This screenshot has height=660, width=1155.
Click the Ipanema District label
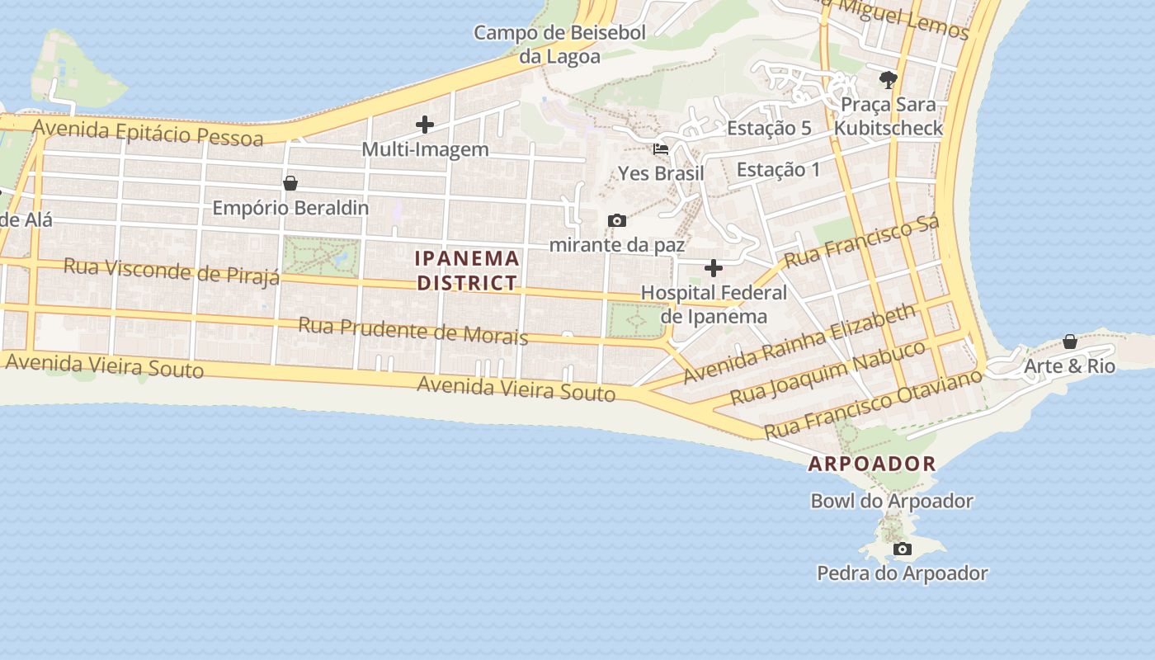[468, 271]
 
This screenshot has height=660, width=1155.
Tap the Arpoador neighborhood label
[872, 464]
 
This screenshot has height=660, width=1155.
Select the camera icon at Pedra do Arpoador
[903, 549]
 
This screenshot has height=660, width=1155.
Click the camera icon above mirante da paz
[616, 221]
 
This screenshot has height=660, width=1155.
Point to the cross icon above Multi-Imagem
[425, 125]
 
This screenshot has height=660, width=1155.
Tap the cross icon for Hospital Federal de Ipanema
[714, 269]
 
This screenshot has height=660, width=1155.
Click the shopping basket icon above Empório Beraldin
[290, 183]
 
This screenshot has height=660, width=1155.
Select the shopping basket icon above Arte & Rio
[1070, 342]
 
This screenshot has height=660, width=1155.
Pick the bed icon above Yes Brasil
[661, 150]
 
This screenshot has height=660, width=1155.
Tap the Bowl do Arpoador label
[892, 501]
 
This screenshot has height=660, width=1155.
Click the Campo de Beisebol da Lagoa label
[560, 45]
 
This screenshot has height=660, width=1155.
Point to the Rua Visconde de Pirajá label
[172, 271]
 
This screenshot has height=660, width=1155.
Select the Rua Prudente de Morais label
[412, 330]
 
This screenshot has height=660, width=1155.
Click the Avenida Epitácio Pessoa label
[148, 132]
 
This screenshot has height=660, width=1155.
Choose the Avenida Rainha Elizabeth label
[800, 344]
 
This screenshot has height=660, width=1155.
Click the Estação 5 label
[769, 129]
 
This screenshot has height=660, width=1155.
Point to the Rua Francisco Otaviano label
[873, 404]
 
